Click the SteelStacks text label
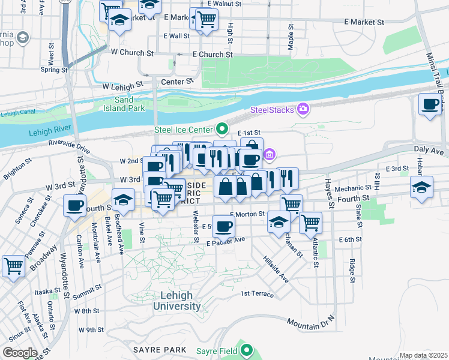point(272,110)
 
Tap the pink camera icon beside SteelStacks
point(304,109)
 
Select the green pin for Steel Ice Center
point(222,129)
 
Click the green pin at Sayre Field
point(247,349)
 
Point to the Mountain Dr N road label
point(311,325)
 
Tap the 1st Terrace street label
point(257,294)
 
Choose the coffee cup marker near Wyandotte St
point(75,206)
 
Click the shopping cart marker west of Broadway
point(13,265)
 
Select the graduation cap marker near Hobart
point(421,187)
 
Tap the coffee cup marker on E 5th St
point(224,227)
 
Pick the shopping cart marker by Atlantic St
point(310,223)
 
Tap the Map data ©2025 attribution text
point(423,355)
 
